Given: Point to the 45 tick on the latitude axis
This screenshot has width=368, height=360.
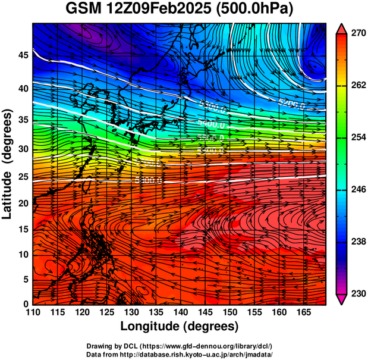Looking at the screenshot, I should tap(23, 55).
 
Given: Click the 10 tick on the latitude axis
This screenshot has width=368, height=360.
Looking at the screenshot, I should tap(23, 255).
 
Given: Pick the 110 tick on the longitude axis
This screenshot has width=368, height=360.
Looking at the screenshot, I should tap(33, 312).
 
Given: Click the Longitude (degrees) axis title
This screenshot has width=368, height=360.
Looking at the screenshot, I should tap(180, 326).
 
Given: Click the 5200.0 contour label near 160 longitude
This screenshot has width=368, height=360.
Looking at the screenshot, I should tap(291, 105).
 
